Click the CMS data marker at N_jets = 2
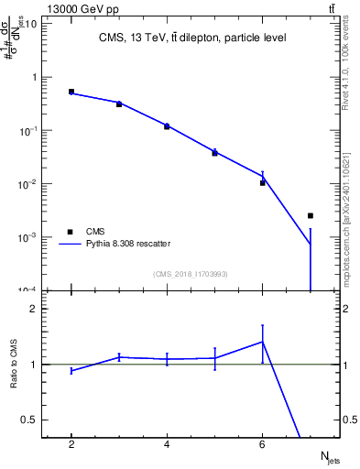(71, 92)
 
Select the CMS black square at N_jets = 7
(311, 215)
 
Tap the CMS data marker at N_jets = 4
(167, 126)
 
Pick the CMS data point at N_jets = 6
(263, 183)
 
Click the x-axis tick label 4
(167, 444)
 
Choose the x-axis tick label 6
(263, 444)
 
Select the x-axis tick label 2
(71, 444)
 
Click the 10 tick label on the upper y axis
(30, 23)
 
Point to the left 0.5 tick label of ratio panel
(31, 420)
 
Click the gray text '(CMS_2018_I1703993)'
(191, 273)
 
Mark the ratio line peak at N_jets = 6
(263, 342)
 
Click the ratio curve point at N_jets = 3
(119, 357)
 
